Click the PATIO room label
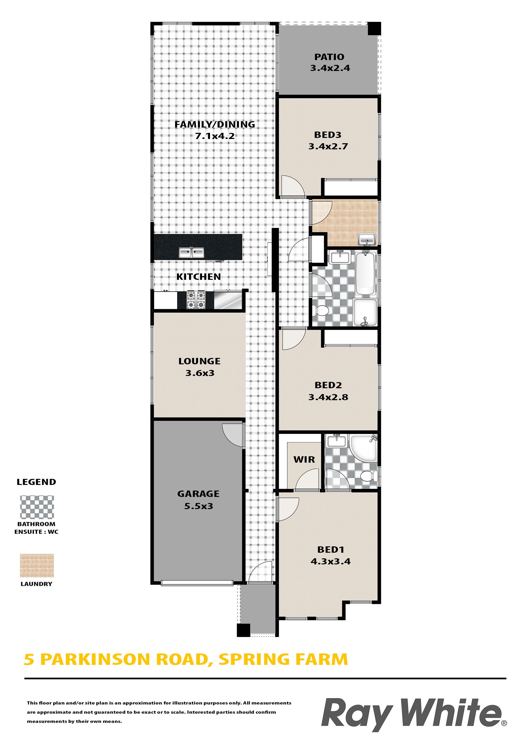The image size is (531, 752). (x=329, y=57)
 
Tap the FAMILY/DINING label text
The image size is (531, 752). (x=215, y=124)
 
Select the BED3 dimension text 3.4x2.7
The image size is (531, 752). (x=328, y=146)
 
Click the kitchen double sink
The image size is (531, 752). (x=191, y=252)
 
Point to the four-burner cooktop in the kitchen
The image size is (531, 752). (x=196, y=300)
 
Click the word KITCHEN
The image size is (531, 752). (x=199, y=277)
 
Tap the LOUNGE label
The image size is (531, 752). (x=200, y=361)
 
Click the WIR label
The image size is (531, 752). (x=304, y=459)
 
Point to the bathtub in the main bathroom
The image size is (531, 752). (x=365, y=273)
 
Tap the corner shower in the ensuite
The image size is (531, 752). (x=364, y=447)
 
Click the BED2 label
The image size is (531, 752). (x=328, y=385)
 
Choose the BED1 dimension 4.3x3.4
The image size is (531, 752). (x=331, y=561)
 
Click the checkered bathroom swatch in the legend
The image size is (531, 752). (x=37, y=507)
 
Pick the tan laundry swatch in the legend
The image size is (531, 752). (x=37, y=566)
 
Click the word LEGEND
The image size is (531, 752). (x=36, y=482)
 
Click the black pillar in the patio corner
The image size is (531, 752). (x=374, y=29)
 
